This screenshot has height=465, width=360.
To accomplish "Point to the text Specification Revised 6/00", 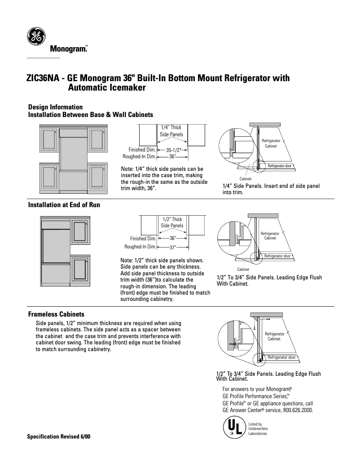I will (59, 436).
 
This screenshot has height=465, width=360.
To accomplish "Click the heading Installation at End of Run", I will (64, 205).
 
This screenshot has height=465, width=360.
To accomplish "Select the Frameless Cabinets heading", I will (56, 314).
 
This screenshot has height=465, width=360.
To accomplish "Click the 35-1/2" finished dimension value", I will (173, 150).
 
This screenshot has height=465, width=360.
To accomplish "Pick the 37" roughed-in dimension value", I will (172, 247).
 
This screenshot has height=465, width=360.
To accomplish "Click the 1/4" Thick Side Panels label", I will (171, 131).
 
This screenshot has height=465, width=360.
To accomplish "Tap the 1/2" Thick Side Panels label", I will (172, 222).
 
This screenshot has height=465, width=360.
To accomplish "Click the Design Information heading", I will (55, 107).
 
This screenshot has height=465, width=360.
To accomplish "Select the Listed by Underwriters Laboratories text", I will (258, 429).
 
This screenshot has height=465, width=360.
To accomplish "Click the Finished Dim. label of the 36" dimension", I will (143, 239).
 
